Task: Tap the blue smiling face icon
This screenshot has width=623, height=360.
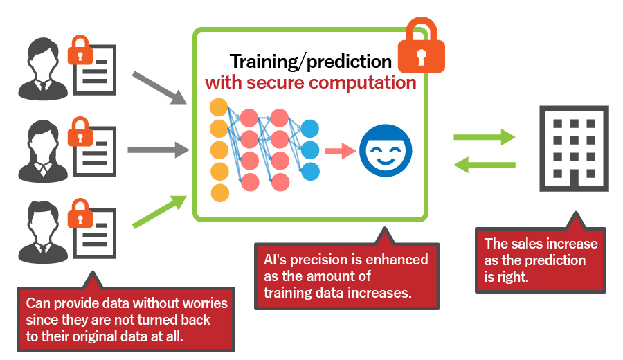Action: pyautogui.click(x=386, y=151)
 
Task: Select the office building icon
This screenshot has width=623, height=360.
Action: pyautogui.click(x=574, y=148)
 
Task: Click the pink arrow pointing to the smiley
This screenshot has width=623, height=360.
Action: pyautogui.click(x=341, y=151)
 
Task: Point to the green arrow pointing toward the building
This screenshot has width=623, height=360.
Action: pyautogui.click(x=485, y=137)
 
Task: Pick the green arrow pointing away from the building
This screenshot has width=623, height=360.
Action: pyautogui.click(x=485, y=165)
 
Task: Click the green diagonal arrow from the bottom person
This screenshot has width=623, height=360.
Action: pyautogui.click(x=160, y=211)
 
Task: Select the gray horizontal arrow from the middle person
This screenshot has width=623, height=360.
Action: pyautogui.click(x=159, y=150)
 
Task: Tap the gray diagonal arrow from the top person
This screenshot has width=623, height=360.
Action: pyautogui.click(x=160, y=88)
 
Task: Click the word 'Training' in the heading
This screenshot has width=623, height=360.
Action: pyautogui.click(x=264, y=62)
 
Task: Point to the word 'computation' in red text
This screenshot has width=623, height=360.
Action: pyautogui.click(x=363, y=82)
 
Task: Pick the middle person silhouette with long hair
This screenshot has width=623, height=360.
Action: pyautogui.click(x=43, y=152)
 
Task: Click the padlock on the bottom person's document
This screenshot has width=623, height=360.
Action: pyautogui.click(x=80, y=213)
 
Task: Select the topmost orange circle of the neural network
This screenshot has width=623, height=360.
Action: pyautogui.click(x=219, y=107)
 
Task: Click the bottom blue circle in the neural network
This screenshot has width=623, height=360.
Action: pyautogui.click(x=310, y=172)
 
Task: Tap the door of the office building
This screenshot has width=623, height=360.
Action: pyautogui.click(x=574, y=179)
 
